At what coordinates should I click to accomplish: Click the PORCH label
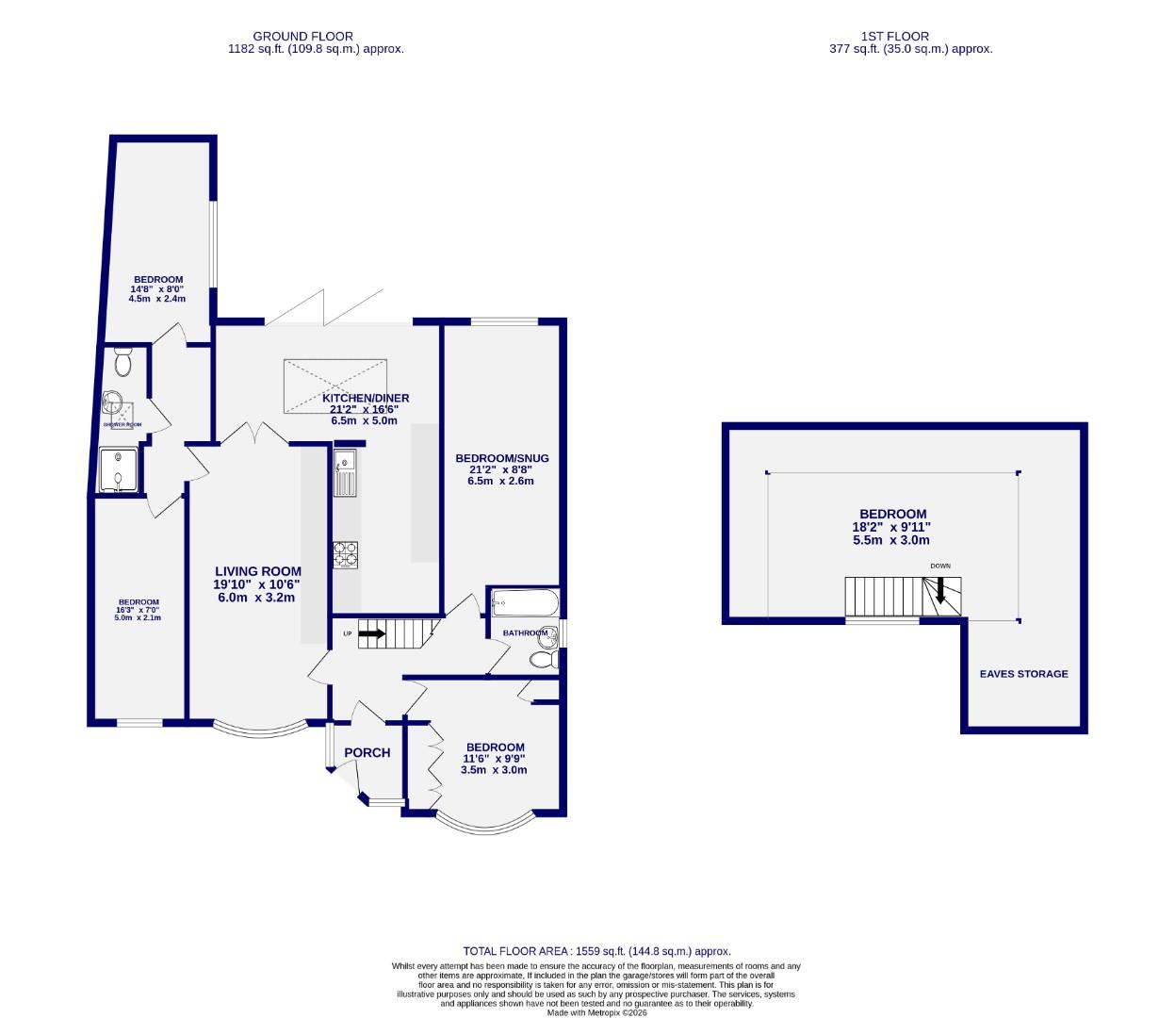367,752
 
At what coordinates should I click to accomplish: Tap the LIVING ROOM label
258,571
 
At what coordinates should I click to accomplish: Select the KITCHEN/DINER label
369,398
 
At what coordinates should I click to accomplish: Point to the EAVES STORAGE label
1023,674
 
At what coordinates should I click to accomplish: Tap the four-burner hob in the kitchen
346,555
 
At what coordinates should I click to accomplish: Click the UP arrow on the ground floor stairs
371,633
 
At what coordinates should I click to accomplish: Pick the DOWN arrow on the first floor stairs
939,590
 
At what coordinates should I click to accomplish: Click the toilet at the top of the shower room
122,361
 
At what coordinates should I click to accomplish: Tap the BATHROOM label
524,632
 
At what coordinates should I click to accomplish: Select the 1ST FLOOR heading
882,36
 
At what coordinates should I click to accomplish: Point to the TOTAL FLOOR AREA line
596,951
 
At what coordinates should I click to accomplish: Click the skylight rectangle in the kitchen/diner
335,386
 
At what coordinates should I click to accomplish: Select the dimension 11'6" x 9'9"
493,758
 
